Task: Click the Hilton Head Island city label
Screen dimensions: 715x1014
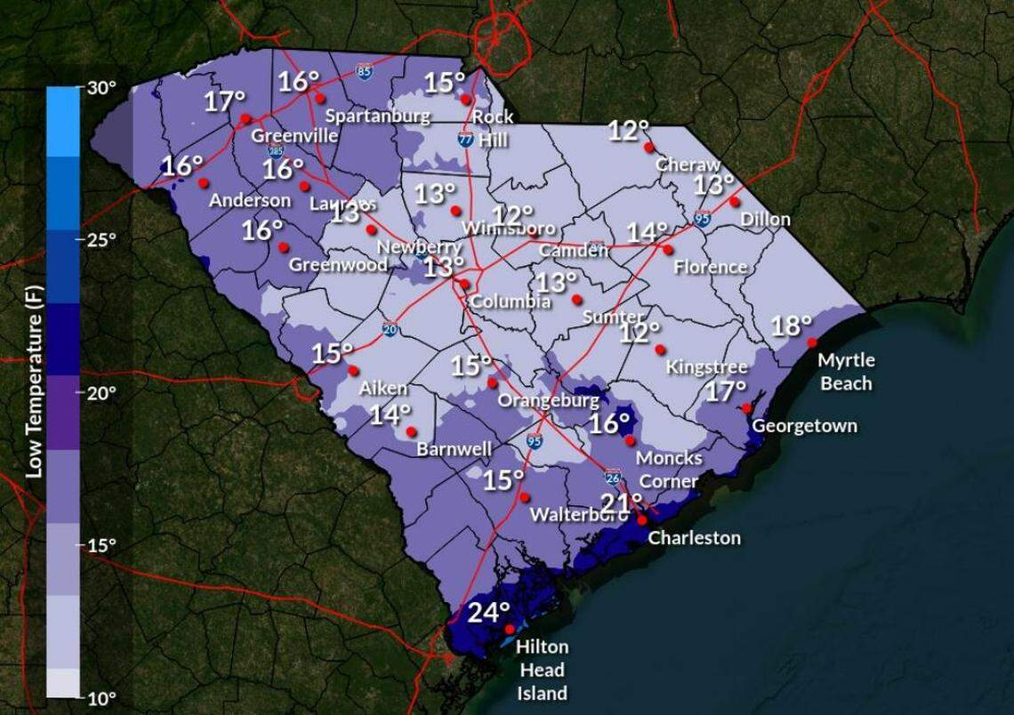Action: [542, 670]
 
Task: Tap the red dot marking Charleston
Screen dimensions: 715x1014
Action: [642, 519]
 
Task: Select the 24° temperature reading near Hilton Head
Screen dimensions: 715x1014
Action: [489, 613]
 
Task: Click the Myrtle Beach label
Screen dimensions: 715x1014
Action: [846, 372]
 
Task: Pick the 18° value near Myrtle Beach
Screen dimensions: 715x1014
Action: [791, 326]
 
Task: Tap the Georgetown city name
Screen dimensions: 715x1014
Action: [804, 426]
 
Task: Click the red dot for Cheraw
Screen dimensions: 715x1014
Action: [649, 147]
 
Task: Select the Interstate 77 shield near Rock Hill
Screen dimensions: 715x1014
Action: [465, 139]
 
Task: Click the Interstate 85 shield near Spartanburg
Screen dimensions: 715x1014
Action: [363, 70]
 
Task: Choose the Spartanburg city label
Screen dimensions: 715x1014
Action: [377, 116]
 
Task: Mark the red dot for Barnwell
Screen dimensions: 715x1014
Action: [411, 431]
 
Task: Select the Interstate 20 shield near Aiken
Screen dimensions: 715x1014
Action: [390, 328]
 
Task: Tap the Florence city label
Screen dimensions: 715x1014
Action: [710, 267]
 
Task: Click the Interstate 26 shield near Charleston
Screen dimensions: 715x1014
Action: [613, 477]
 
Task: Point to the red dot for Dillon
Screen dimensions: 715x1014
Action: [735, 201]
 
